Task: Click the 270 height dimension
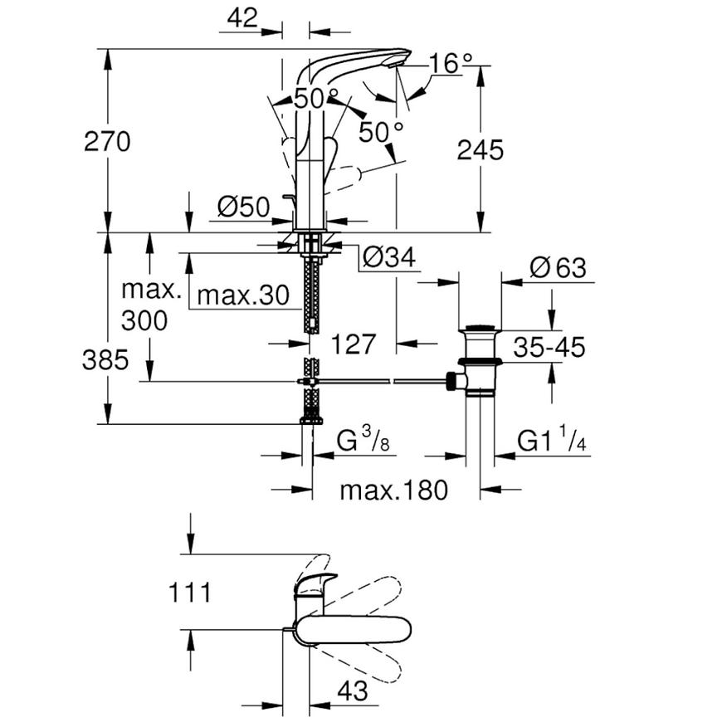pos(107,141)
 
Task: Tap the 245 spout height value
pos(481,150)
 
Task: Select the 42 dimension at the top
pos(242,18)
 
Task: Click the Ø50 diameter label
pos(244,207)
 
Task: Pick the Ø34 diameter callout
pos(389,257)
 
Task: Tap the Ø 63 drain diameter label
pos(558,267)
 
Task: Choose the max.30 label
pos(243,295)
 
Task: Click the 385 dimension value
pos(105,359)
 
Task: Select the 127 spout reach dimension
pos(354,344)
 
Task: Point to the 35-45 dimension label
pos(549,347)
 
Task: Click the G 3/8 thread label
pos(363,440)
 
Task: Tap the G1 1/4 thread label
pos(551,440)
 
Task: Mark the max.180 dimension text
pos(393,490)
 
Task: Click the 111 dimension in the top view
pos(190,593)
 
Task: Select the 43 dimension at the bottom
pos(353,690)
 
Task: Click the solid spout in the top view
pos(353,631)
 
